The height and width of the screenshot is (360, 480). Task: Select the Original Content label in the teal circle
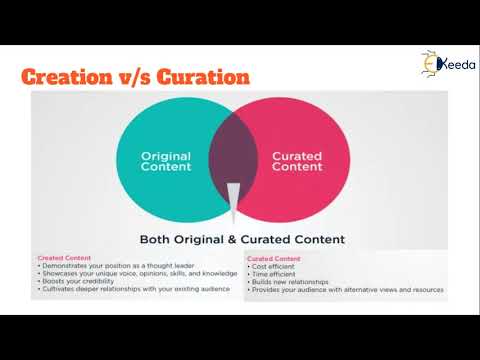pyautogui.click(x=166, y=161)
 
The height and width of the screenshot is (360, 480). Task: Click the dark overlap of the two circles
pyautogui.click(x=234, y=160)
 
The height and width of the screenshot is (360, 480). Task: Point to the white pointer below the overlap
pyautogui.click(x=234, y=200)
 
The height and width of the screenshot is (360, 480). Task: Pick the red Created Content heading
pyautogui.click(x=64, y=257)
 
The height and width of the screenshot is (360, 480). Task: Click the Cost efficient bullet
pyautogui.click(x=275, y=265)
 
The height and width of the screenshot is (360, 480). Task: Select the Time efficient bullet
pyautogui.click(x=275, y=273)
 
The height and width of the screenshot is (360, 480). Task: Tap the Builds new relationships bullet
pyautogui.click(x=290, y=281)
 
